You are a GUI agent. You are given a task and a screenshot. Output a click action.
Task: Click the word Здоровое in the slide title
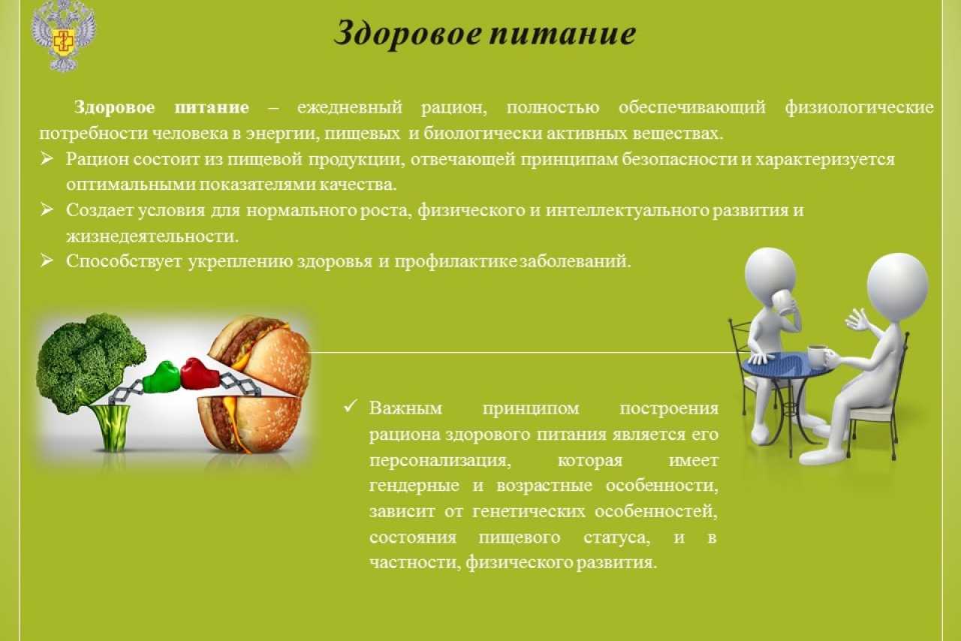408,34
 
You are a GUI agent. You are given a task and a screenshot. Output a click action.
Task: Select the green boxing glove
161,377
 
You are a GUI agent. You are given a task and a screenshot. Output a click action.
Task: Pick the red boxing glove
200,373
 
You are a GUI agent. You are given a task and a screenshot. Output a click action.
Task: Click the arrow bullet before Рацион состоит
47,159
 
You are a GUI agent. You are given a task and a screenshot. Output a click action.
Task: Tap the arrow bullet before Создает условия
47,210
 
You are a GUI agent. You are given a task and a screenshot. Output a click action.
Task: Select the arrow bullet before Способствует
47,260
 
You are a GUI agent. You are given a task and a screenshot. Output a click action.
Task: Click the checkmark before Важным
351,406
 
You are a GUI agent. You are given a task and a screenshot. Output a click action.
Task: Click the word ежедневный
350,107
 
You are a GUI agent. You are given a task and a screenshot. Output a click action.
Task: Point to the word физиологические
860,107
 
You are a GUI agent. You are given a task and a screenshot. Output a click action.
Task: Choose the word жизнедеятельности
152,236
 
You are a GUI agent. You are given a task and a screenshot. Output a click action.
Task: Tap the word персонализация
440,461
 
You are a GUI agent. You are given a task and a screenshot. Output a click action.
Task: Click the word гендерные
414,486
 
